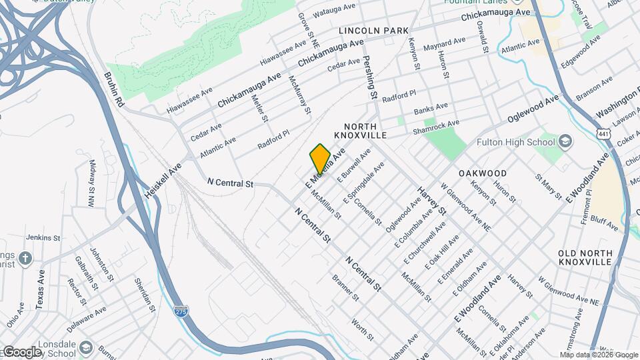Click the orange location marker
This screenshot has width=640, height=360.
[x=320, y=158]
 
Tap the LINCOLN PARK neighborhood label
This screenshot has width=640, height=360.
[x=373, y=31]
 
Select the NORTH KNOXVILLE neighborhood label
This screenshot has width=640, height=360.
[x=365, y=131]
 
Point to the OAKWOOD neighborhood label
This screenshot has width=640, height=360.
[x=483, y=173]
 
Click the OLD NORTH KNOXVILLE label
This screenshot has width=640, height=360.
[x=585, y=257]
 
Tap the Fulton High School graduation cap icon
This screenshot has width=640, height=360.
[x=565, y=141]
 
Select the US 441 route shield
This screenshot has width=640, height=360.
[x=604, y=135]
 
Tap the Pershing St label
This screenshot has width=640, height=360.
[x=369, y=77]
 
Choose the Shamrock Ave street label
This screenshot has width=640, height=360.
[x=437, y=126]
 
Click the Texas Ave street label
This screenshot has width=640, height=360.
[x=40, y=289]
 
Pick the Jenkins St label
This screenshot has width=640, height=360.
[x=43, y=237]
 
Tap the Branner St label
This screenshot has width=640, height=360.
[x=345, y=287]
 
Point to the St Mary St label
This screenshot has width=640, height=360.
[x=549, y=186]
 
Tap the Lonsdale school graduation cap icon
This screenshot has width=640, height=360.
[x=87, y=348]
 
